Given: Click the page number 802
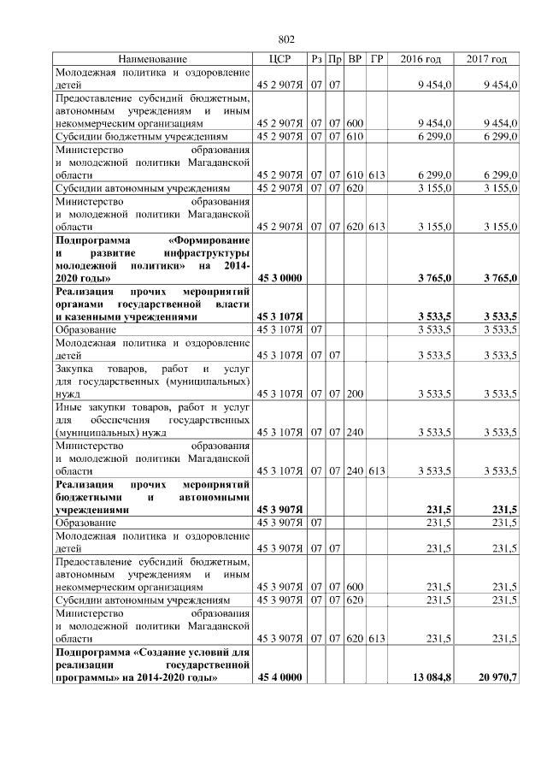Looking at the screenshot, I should pyautogui.click(x=286, y=38).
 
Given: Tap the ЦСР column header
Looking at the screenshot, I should pyautogui.click(x=281, y=59).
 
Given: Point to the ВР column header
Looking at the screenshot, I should pyautogui.click(x=356, y=59).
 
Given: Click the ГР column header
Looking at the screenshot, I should pyautogui.click(x=377, y=59).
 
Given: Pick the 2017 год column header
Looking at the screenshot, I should pyautogui.click(x=486, y=59).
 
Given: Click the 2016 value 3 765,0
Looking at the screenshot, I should pyautogui.click(x=434, y=279).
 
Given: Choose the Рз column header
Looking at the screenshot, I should pyautogui.click(x=316, y=59).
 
